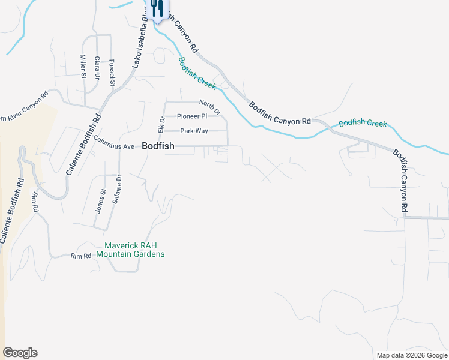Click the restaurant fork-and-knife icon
pos(156,8)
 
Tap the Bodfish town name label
pos(158,146)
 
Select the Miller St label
pos(83,66)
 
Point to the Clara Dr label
pos(97,67)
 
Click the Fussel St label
pos(112,73)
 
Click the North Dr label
pos(210,107)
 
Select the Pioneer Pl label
pos(192,116)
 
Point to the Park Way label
pos(193,131)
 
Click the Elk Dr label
pos(161,125)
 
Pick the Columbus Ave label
pos(113,146)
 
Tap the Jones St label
pos(100,201)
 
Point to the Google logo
pos(20,353)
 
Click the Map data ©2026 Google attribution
pos(412,355)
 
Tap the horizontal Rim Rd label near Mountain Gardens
pos(81,256)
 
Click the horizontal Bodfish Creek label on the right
pos(363,124)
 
